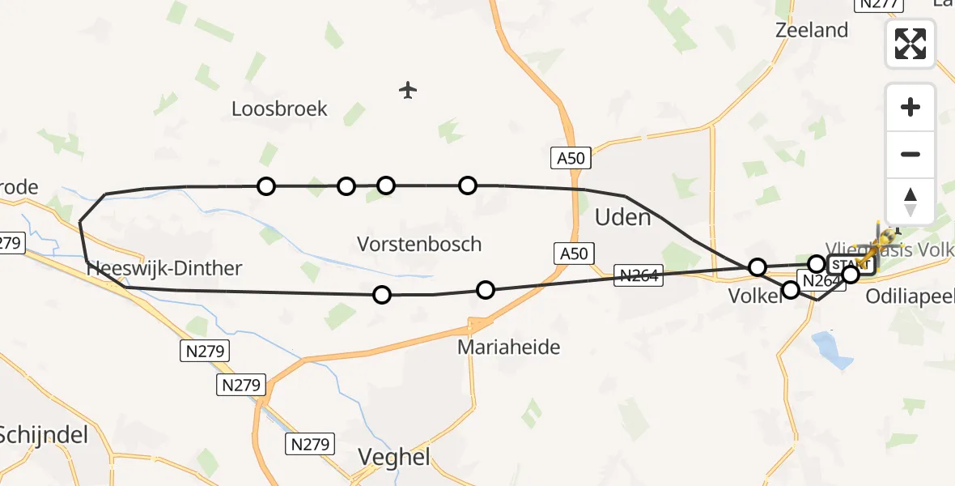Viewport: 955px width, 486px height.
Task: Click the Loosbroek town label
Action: coord(279,109)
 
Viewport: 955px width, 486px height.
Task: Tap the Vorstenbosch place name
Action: coord(419,244)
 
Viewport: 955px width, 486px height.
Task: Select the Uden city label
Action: coord(622,217)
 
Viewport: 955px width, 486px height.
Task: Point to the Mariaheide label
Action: coord(508,347)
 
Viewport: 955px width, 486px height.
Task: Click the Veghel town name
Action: coord(394,457)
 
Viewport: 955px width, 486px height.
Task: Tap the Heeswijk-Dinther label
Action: coord(163,268)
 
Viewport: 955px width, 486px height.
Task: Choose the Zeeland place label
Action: coord(811,30)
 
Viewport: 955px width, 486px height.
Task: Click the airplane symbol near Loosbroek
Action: coord(408,90)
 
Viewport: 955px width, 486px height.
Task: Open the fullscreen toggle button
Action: coord(910,44)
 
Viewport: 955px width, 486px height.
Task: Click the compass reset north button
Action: coord(910,202)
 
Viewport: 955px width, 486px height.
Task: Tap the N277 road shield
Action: coord(879,4)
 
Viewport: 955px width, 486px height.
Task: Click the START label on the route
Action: coord(850,265)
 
